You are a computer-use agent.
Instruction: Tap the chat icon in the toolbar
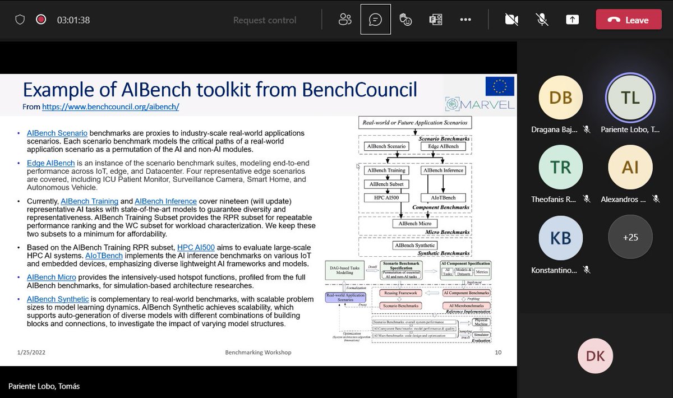tap(375, 20)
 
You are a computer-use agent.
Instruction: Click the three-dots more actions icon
tap(465, 20)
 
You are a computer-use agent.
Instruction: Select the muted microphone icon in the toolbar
tap(542, 20)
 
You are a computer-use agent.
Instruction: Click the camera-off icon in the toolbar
tap(511, 20)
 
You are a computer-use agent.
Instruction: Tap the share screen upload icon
tap(572, 20)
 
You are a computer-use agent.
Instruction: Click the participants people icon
tap(345, 20)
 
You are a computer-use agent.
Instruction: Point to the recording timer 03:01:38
tap(73, 20)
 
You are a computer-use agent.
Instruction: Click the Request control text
tap(265, 20)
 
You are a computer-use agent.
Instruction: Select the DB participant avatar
tap(561, 98)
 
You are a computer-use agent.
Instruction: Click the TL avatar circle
tap(630, 98)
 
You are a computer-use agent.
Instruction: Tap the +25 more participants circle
tap(630, 237)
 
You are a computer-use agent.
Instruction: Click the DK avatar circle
tap(595, 356)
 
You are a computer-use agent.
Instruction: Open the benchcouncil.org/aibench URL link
tap(110, 107)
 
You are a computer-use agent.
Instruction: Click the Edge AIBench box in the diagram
tap(443, 146)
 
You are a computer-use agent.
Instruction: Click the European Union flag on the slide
tap(500, 87)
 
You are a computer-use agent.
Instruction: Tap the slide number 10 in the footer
tap(498, 353)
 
